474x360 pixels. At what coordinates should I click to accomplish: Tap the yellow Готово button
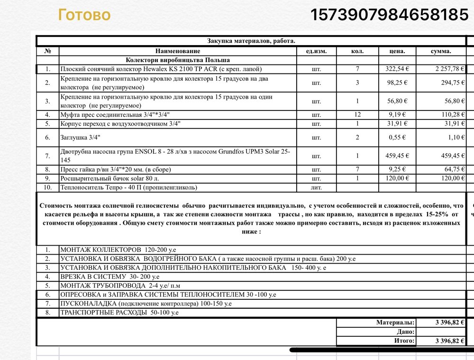click(x=84, y=15)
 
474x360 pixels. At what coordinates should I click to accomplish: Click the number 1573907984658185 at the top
click(x=389, y=15)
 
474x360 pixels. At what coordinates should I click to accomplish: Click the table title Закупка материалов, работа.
click(x=251, y=41)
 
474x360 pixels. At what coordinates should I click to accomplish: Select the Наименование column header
click(x=178, y=51)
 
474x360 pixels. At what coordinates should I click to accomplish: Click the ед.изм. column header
click(x=316, y=51)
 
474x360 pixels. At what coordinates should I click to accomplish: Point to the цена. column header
click(x=397, y=51)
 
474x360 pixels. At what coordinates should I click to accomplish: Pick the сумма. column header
click(x=441, y=51)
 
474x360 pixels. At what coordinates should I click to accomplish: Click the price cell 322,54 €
click(x=397, y=69)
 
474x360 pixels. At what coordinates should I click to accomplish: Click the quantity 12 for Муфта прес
click(x=357, y=115)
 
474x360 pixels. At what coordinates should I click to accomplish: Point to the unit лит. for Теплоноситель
click(x=316, y=187)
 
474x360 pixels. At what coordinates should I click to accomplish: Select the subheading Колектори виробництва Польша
click(x=178, y=60)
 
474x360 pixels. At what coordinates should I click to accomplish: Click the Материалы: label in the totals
click(x=395, y=323)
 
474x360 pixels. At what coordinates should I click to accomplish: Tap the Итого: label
click(x=404, y=341)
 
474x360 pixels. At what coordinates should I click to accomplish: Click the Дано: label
click(x=406, y=332)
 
